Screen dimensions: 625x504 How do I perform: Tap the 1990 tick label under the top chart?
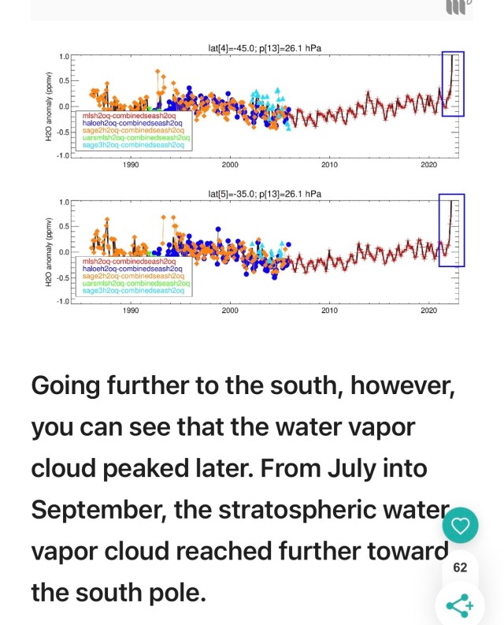point(131,165)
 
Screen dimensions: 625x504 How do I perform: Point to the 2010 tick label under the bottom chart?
point(329,311)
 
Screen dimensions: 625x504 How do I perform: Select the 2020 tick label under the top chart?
point(428,165)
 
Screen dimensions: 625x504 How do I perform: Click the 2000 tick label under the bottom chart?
point(230,311)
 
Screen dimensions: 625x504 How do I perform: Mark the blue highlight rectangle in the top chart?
point(453,84)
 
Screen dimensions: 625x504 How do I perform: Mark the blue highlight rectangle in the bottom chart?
point(451,230)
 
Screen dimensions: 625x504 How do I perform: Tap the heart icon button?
point(460,526)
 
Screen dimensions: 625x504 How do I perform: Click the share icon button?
point(459,605)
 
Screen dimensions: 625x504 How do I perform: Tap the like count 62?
point(460,567)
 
